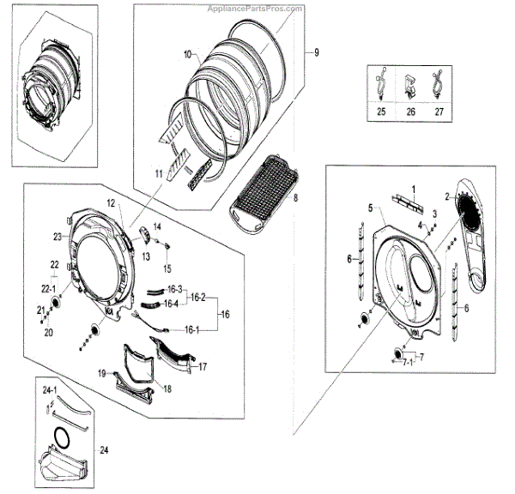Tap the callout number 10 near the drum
(187, 55)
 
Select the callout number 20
(49, 331)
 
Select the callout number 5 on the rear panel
(371, 208)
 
